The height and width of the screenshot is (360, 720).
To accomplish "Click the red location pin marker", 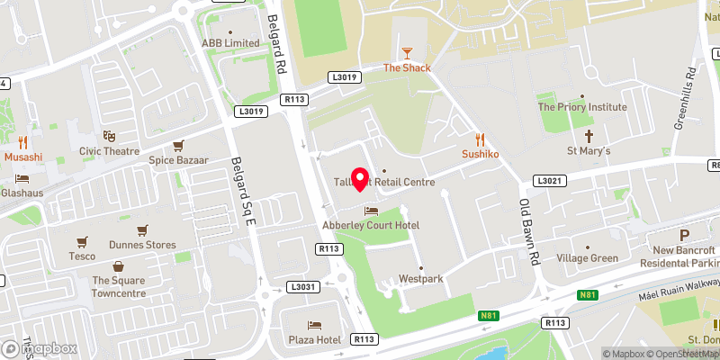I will coord(360,179).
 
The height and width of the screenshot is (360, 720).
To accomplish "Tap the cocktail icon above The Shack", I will coord(407,53).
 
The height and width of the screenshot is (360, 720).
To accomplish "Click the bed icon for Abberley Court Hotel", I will coord(370,211).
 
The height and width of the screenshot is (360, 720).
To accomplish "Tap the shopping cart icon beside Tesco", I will coord(83,241).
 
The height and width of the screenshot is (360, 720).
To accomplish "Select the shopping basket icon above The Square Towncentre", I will coord(119,266).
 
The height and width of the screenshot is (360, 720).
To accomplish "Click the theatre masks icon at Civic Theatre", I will coord(109,137).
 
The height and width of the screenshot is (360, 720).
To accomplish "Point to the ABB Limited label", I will coord(229,42).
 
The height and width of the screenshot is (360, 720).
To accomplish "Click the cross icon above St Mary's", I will coord(589,137).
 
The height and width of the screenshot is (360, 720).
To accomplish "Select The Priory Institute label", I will coord(582,106).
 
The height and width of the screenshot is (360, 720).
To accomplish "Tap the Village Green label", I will coord(587,258).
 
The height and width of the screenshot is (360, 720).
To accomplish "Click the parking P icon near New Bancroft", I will coord(658,235).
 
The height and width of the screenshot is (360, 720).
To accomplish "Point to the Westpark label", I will coord(421,279).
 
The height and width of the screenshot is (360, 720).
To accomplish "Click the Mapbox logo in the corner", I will coord(39,348).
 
